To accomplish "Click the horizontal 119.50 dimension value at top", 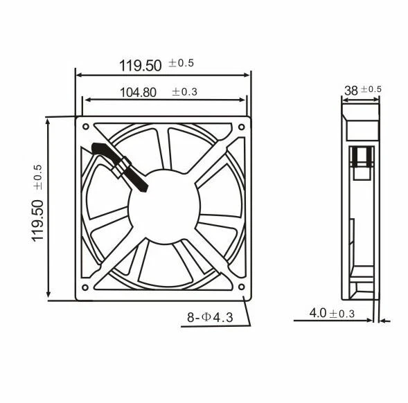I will point(141,66).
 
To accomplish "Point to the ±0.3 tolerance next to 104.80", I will point(184,91).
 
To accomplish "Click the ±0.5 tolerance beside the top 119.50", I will point(181,63).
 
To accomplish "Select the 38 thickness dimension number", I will point(351,89).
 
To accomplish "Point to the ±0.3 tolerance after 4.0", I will point(342,314).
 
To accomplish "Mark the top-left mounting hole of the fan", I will point(85,127).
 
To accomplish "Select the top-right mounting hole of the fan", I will point(240,127).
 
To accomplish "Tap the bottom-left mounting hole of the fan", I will point(85,287).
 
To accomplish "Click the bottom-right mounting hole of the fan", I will point(240,287).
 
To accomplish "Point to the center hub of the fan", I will point(162,208).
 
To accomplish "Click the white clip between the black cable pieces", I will point(125,167).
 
